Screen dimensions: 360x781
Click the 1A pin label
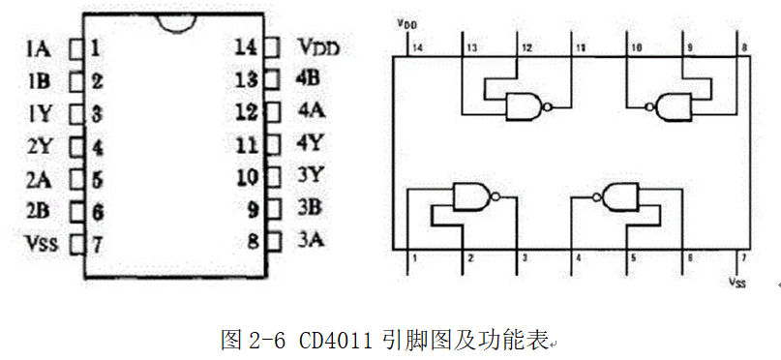click(x=40, y=46)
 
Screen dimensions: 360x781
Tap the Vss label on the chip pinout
click(x=40, y=243)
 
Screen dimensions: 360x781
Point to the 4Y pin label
click(x=311, y=144)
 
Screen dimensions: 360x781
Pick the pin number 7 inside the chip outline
click(x=98, y=243)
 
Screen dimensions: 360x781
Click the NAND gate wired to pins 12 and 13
click(x=524, y=105)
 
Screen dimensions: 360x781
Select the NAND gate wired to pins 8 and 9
click(x=673, y=105)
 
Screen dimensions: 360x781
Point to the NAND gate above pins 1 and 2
click(x=470, y=197)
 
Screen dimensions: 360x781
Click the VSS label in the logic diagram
click(x=737, y=283)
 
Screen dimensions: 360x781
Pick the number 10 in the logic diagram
click(x=637, y=46)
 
